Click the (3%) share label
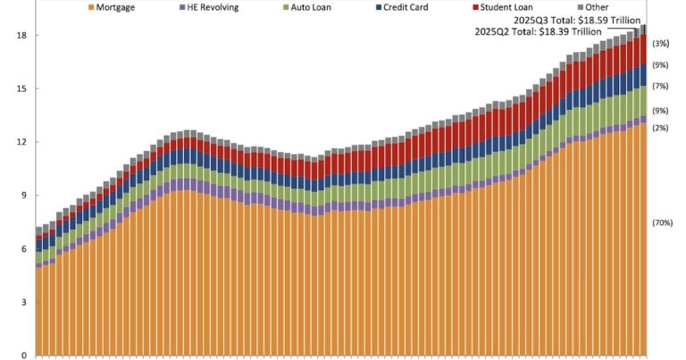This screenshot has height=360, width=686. pyautogui.click(x=661, y=43)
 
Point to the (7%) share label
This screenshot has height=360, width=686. pyautogui.click(x=661, y=86)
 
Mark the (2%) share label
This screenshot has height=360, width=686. pyautogui.click(x=661, y=129)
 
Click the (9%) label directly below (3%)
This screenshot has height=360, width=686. pyautogui.click(x=661, y=64)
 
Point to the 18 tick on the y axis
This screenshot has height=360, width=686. pyautogui.click(x=21, y=36)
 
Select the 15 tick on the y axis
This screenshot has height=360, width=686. pyautogui.click(x=21, y=89)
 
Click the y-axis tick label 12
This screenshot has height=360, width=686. pyautogui.click(x=21, y=142)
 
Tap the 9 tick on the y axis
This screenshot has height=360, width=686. pyautogui.click(x=23, y=196)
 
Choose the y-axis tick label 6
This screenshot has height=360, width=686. pyautogui.click(x=23, y=249)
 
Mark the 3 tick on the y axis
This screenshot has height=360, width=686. pyautogui.click(x=23, y=303)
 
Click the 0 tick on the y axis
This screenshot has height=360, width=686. pyautogui.click(x=23, y=355)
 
